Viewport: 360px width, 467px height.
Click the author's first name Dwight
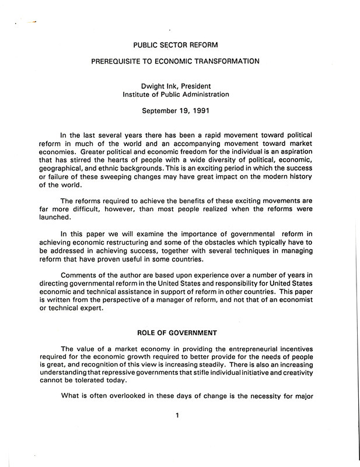coord(152,86)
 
